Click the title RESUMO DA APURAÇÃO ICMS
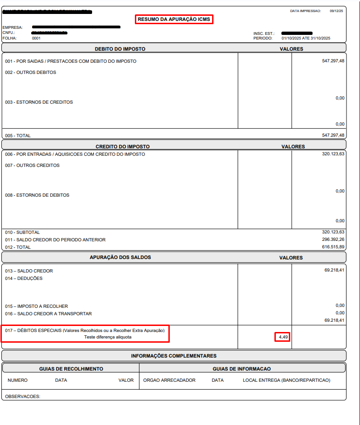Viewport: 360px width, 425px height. [x=174, y=20]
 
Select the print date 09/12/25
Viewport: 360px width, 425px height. [x=336, y=11]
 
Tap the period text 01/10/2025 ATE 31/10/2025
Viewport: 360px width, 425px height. [x=307, y=39]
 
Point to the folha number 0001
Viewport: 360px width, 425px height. [x=36, y=39]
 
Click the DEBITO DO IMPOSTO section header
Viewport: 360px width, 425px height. [x=120, y=49]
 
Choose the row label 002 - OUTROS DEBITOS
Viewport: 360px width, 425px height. [x=31, y=73]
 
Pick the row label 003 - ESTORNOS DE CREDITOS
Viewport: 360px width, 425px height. [x=39, y=102]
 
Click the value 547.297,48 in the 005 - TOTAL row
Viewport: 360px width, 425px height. [x=333, y=135]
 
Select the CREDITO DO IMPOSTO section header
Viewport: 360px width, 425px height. [x=123, y=146]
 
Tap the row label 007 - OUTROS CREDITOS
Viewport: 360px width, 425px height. [x=33, y=166]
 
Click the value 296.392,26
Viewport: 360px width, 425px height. [x=333, y=239]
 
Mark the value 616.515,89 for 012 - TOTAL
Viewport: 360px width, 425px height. [x=333, y=247]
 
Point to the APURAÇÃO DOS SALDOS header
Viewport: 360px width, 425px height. [x=120, y=257]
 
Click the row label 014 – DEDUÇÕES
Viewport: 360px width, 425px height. [x=24, y=279]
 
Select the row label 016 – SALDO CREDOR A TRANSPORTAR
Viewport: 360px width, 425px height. [x=48, y=314]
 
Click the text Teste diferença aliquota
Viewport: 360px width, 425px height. [x=108, y=337]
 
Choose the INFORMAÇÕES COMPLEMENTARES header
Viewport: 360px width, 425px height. [x=173, y=356]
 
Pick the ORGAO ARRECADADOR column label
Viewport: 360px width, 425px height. [x=169, y=380]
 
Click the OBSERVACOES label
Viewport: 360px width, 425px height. [x=23, y=397]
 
